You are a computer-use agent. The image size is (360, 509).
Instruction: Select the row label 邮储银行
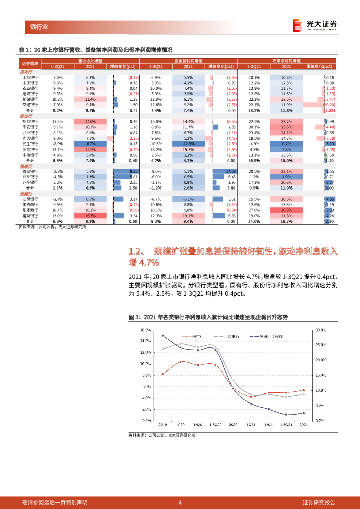[29, 99]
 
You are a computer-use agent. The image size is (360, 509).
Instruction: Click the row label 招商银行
[29, 122]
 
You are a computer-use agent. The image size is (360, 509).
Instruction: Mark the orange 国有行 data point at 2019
[163, 374]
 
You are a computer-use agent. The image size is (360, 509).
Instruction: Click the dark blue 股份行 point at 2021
[303, 413]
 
